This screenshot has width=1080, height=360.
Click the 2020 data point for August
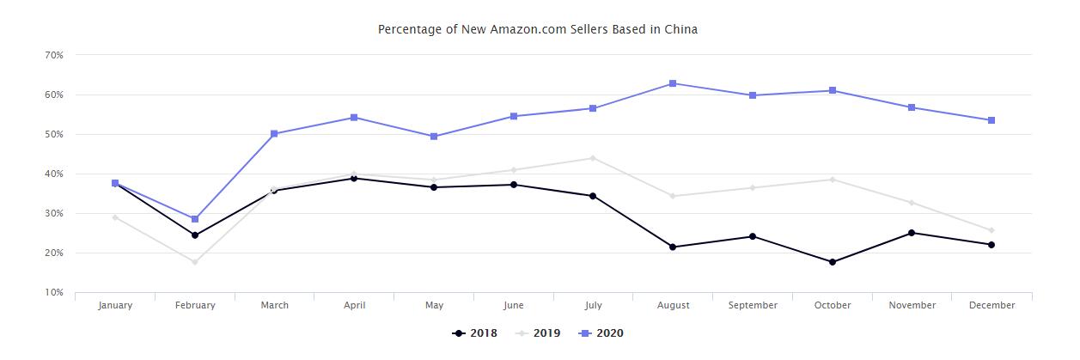(673, 83)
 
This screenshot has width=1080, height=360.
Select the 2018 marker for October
(833, 262)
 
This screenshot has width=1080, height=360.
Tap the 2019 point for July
(593, 158)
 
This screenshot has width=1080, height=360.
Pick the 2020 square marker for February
(195, 219)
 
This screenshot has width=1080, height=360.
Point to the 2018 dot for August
(673, 247)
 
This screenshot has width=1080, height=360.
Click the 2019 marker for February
(195, 262)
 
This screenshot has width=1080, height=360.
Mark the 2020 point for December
(992, 120)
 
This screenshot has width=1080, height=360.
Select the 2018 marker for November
(912, 233)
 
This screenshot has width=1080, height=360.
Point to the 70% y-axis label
(53, 55)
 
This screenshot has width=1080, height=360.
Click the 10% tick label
(53, 293)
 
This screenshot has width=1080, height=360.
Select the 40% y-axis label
(53, 174)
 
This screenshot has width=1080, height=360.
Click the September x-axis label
(753, 305)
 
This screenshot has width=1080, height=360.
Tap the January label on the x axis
(115, 305)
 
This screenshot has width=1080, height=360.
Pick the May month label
(434, 305)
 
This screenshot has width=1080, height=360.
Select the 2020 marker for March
(274, 134)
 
